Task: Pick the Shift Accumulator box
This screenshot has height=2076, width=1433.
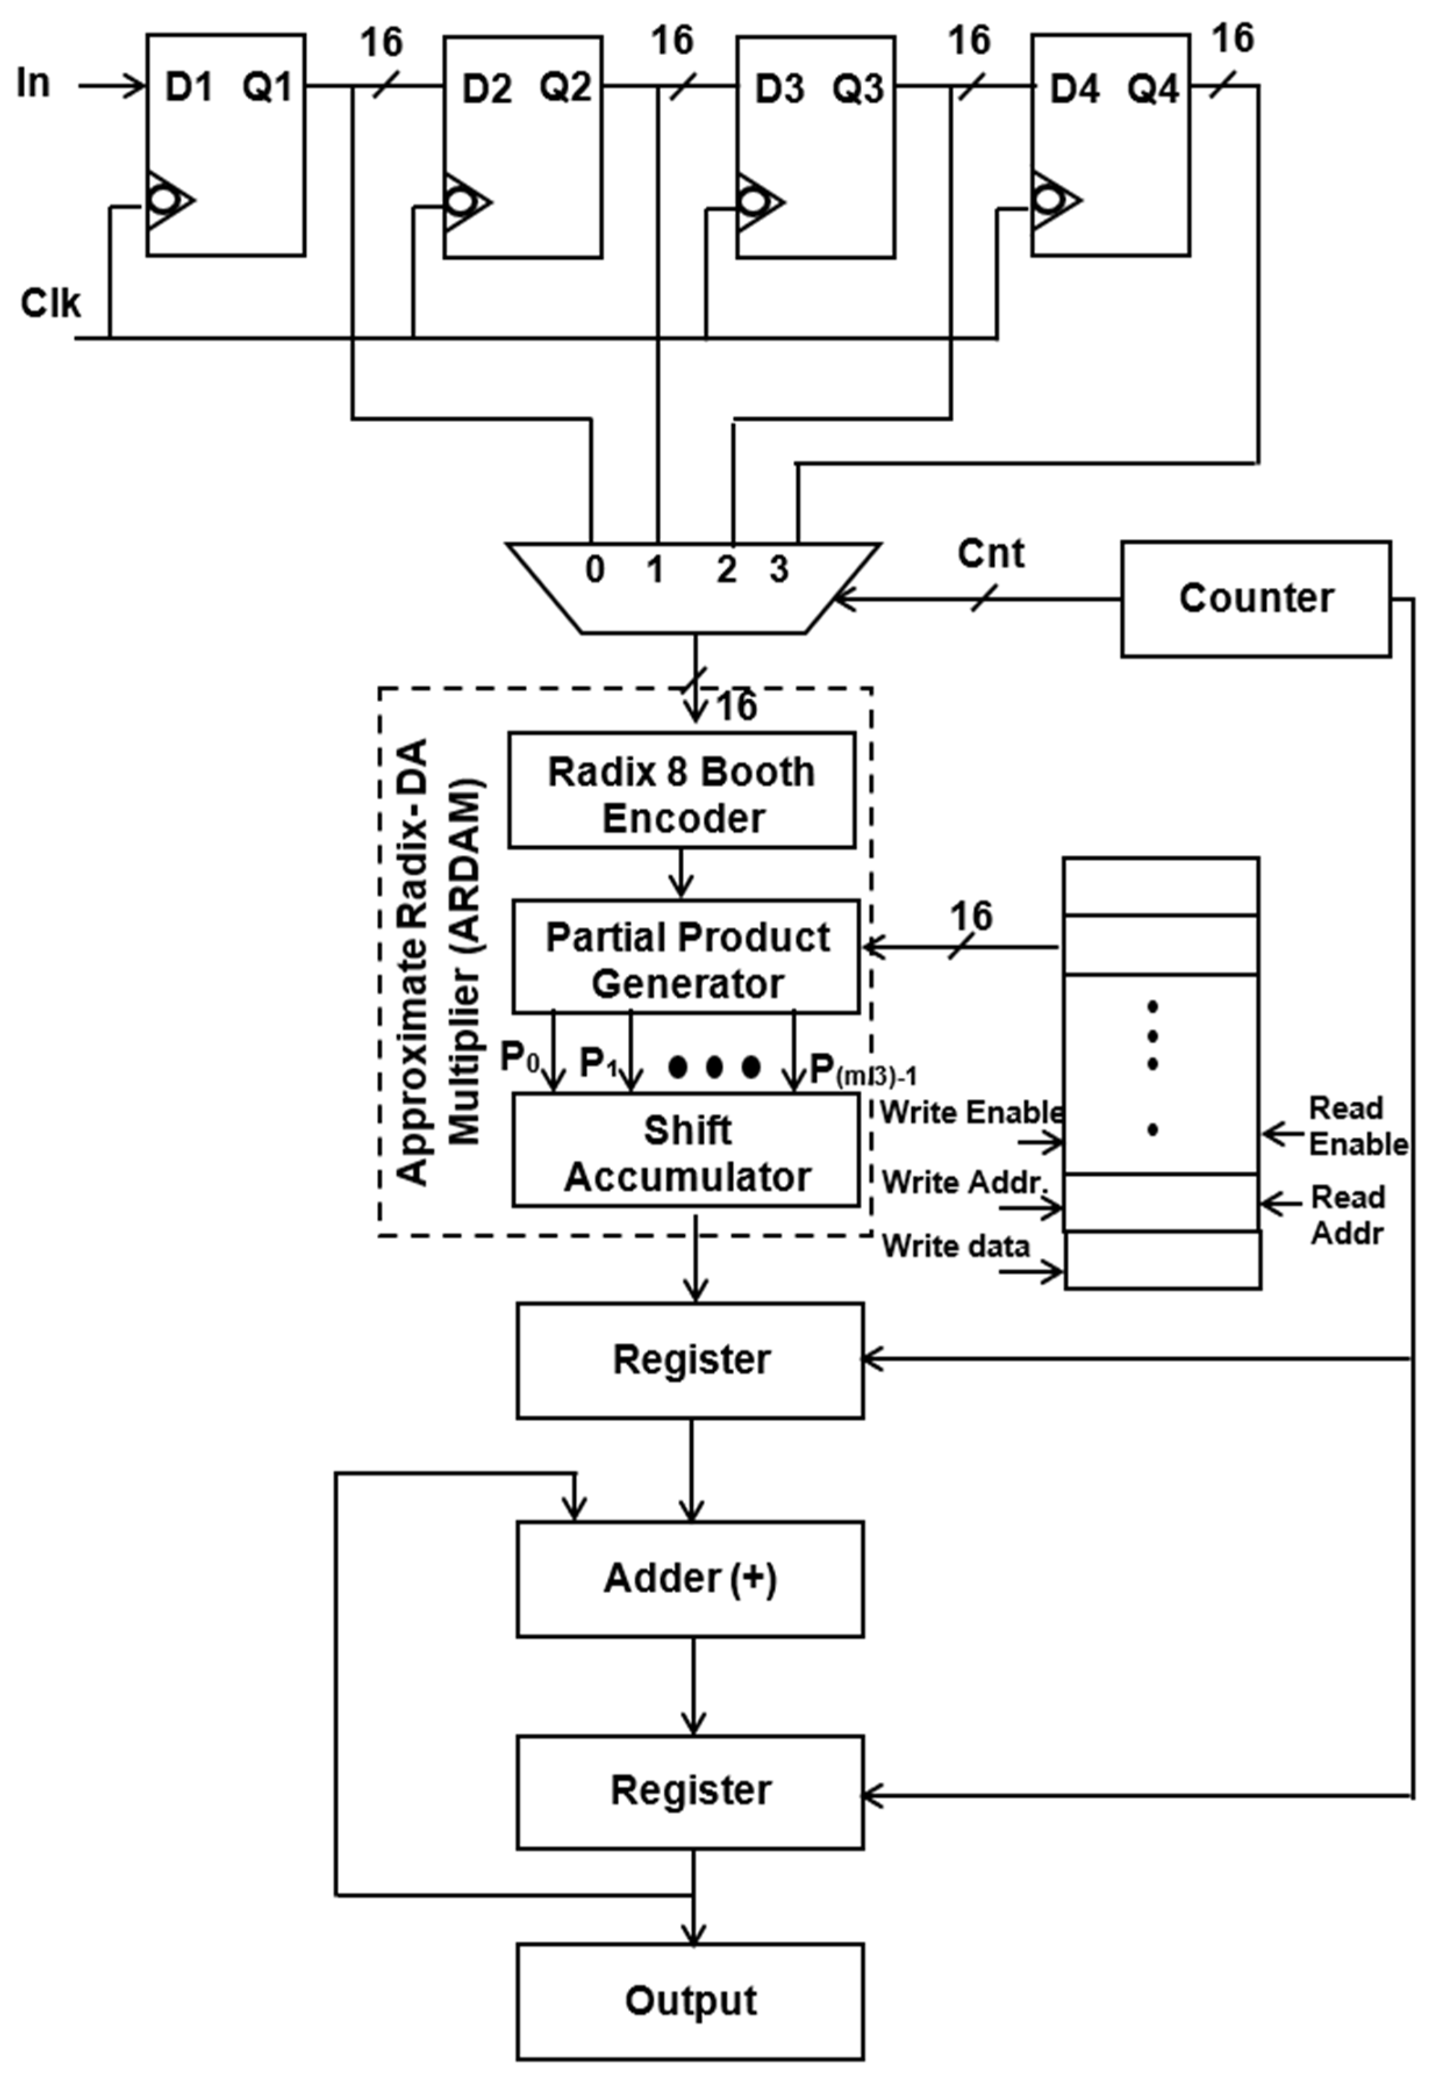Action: click(x=686, y=1152)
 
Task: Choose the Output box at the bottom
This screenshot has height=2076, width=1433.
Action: click(x=690, y=2000)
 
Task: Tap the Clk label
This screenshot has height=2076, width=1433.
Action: click(x=51, y=303)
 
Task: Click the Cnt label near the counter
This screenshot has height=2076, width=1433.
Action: click(x=990, y=554)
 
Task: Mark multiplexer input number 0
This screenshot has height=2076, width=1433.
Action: click(x=594, y=569)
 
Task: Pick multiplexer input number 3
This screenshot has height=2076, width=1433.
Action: click(x=779, y=569)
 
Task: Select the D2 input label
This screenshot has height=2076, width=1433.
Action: click(x=486, y=89)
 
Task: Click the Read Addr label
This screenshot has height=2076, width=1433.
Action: click(x=1347, y=1215)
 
